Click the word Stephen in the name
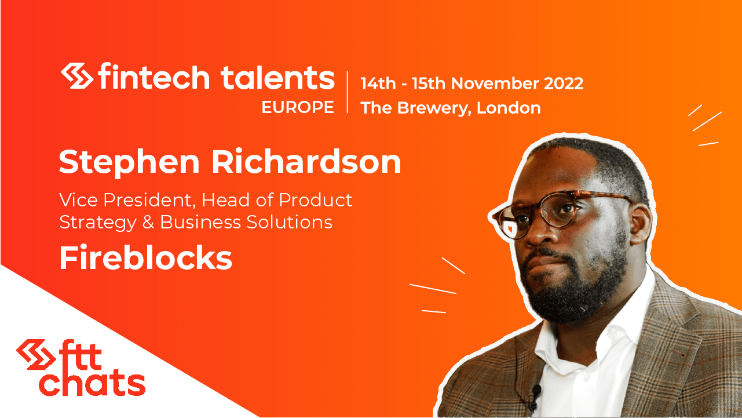point(130,163)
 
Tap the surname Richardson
point(306,161)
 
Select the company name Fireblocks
point(146,258)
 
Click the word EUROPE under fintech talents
point(298,107)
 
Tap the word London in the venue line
point(509,108)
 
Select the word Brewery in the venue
point(434,108)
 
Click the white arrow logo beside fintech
point(77,75)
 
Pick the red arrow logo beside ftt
point(36,354)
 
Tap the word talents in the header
point(277,77)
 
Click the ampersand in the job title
point(148,222)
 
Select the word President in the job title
point(147,200)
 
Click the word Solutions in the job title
point(289,222)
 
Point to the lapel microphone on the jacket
point(535,391)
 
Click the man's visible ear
point(642,224)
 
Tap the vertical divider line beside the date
point(347,92)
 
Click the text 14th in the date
point(378,83)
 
